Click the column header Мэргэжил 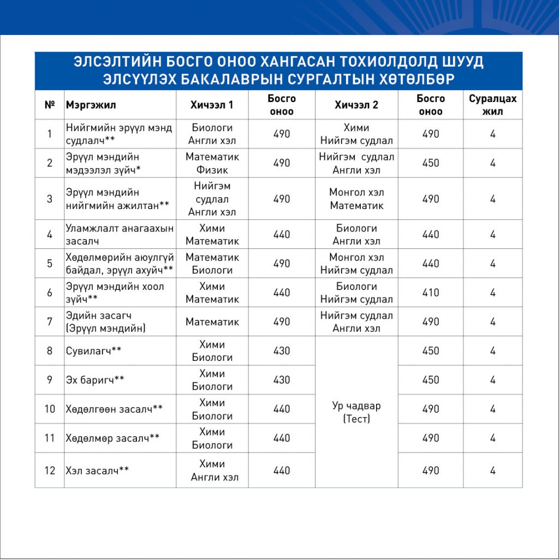[x=91, y=105]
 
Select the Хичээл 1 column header [x=212, y=105]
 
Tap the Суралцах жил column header [x=492, y=105]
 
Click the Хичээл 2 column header [x=356, y=105]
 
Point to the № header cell [x=50, y=105]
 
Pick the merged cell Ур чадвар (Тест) [x=356, y=413]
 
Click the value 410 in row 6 [x=430, y=293]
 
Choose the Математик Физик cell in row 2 [x=212, y=163]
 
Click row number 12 [x=50, y=470]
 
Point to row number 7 [x=50, y=322]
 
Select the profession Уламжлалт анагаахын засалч [x=119, y=234]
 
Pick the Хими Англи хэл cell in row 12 [x=212, y=471]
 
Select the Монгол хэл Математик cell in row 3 [x=356, y=199]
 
